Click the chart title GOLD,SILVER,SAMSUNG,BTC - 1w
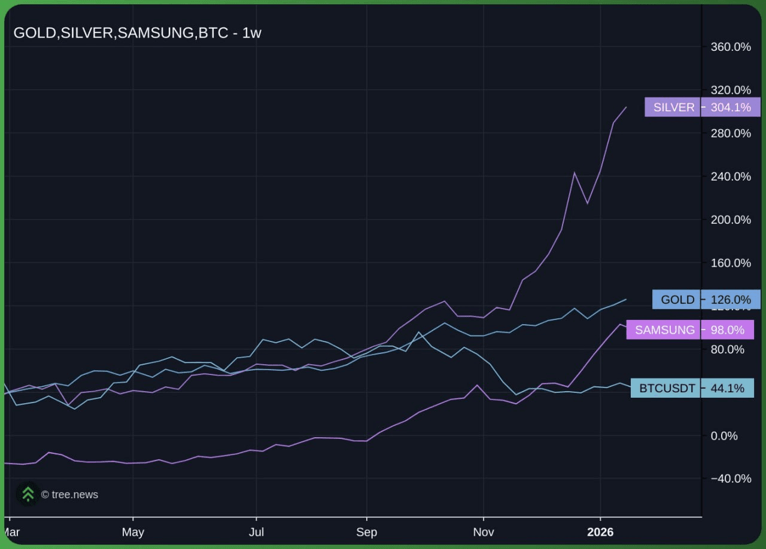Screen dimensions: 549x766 tap(137, 33)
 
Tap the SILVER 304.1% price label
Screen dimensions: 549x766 tap(702, 107)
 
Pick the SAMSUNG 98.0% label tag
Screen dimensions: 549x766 tap(690, 330)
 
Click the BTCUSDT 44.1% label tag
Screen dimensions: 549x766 tap(692, 388)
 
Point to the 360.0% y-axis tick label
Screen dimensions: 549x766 tap(730, 47)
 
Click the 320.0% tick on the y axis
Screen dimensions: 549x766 tap(730, 90)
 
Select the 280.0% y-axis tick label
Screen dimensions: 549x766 tap(730, 133)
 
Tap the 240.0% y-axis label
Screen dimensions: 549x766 tap(730, 176)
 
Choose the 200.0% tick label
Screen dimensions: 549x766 tap(730, 220)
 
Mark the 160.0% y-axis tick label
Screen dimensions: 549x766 tap(730, 263)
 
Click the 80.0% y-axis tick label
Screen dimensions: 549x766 tap(727, 349)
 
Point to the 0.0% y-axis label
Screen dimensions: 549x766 tap(724, 436)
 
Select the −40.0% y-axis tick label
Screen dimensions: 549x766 tap(730, 478)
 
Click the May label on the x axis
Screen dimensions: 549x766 tap(133, 532)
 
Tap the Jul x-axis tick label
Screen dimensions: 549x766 tap(256, 532)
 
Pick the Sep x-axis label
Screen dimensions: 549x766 tap(366, 532)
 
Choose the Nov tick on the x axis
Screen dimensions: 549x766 tap(483, 532)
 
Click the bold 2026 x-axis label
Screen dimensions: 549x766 tap(600, 532)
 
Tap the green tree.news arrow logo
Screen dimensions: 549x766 tap(28, 494)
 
